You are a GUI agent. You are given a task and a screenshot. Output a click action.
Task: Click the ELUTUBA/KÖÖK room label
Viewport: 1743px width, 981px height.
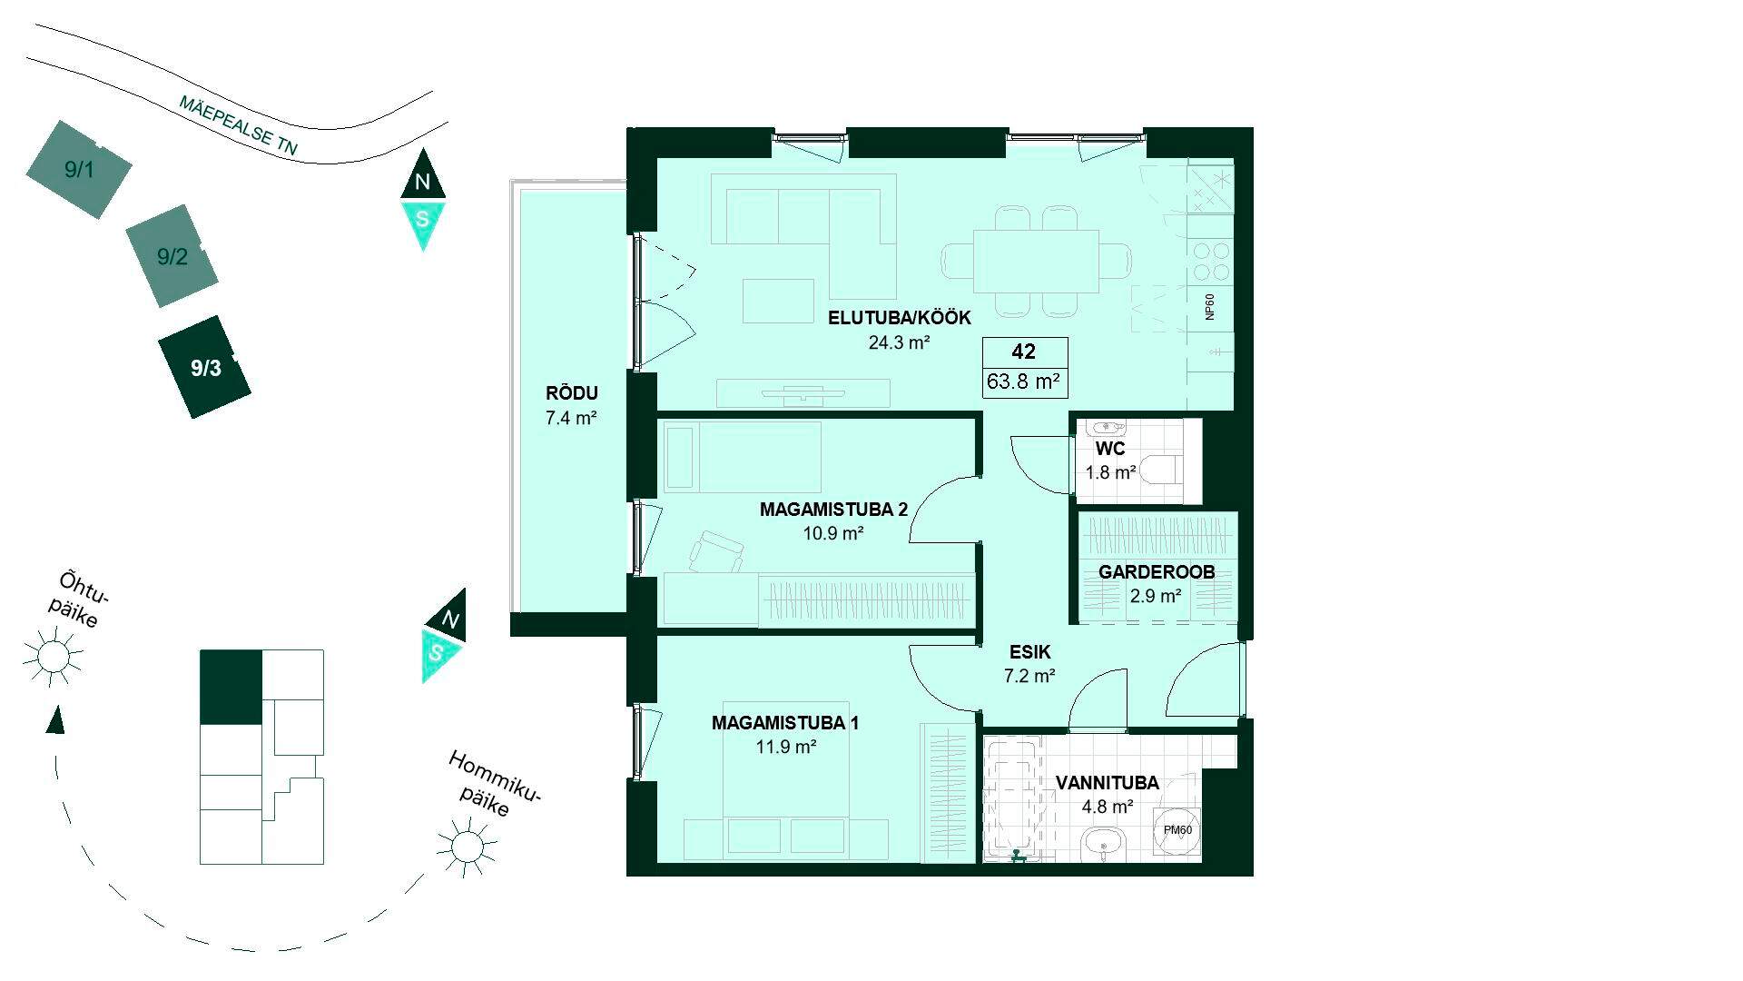[899, 318]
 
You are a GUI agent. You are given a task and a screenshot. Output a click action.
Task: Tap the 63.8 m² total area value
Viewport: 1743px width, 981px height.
[1023, 381]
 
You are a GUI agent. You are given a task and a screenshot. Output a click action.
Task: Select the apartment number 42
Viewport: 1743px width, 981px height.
[1023, 352]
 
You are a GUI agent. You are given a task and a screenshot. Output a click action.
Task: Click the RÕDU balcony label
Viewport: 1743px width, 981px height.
[571, 393]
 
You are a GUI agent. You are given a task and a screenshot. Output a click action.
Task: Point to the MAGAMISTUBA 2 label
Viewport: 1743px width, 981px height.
[833, 510]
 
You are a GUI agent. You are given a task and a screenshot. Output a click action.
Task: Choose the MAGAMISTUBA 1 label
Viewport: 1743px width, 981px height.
[785, 723]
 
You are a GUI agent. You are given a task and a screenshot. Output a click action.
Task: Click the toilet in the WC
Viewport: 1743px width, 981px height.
[1159, 471]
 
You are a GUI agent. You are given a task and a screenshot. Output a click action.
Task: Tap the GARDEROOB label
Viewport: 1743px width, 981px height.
[1156, 572]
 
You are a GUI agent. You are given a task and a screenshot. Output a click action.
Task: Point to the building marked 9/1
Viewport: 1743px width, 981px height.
[78, 169]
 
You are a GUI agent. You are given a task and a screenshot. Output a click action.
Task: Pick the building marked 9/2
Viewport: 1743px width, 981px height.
[172, 256]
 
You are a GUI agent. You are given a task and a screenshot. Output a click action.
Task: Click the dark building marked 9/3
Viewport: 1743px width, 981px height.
[205, 367]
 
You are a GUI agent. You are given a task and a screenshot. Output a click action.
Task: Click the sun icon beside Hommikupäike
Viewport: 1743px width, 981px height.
[466, 845]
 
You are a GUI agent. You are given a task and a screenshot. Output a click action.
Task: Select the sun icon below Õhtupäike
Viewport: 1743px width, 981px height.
[53, 655]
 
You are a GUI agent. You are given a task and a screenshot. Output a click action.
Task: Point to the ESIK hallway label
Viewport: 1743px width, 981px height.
[1029, 652]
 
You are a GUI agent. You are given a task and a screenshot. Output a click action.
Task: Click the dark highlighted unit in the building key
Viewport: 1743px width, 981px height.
[231, 688]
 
